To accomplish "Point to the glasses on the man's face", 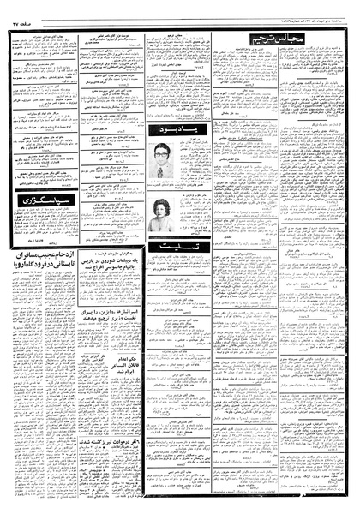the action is [x=159, y=155].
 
